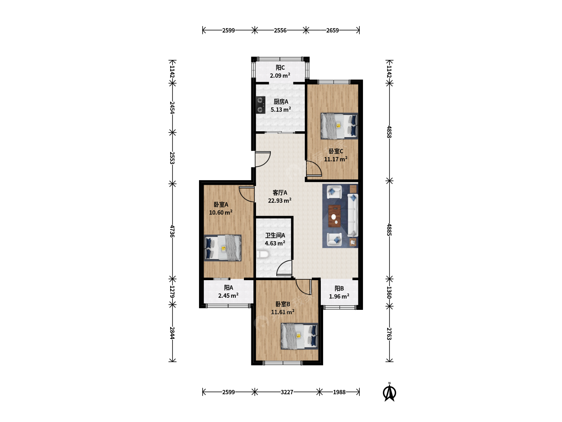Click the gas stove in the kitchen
coord(260,105)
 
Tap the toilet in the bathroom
coord(262,254)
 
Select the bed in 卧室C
coord(339,126)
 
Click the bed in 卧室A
coord(222,248)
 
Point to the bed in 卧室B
coord(299,336)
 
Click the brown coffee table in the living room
coord(334,216)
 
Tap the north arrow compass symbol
coord(389,392)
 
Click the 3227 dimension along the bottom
coord(287,392)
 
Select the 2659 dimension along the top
coord(333,30)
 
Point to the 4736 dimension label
coord(173,231)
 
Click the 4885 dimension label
coord(389,230)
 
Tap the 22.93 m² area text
coord(279,200)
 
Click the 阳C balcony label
coord(280,67)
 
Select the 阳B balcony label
coord(339,288)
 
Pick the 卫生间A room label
coord(275,235)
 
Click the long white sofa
coord(352,215)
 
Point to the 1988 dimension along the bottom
coord(339,392)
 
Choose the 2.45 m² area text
coord(228,295)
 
